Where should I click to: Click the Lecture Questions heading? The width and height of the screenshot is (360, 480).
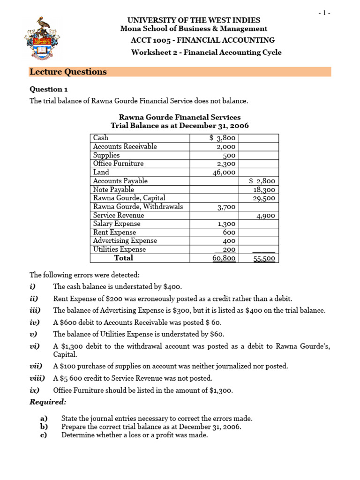(68, 72)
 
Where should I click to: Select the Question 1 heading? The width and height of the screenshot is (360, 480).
(46, 89)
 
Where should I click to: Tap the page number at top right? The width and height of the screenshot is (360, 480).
(324, 13)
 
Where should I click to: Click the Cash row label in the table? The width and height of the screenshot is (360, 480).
(101, 138)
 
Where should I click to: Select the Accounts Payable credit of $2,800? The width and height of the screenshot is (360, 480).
(262, 181)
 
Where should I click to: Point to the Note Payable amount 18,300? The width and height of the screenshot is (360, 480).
(264, 190)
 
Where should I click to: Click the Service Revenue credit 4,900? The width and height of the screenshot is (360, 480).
(266, 216)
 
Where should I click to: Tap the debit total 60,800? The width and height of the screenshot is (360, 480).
(225, 258)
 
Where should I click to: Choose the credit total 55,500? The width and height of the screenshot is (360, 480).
(264, 258)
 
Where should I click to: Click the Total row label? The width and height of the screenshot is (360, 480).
(124, 258)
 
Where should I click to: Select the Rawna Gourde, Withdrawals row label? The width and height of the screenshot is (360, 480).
(138, 207)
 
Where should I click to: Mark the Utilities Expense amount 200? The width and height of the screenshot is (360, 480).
(229, 250)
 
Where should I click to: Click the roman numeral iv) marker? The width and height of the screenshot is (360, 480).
(35, 322)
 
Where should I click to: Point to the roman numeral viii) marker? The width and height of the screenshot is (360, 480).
(37, 378)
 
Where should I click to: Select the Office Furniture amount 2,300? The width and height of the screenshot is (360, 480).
(226, 164)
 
